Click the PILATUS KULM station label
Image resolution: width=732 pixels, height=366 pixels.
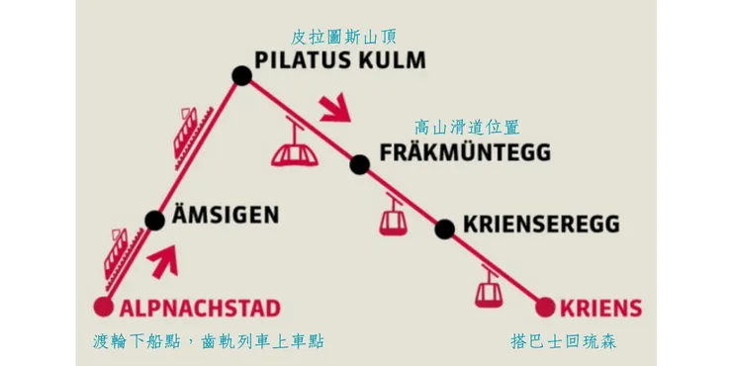coord(340,60)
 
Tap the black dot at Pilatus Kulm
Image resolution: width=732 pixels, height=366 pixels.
coord(241,75)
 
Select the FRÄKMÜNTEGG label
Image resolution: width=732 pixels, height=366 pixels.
coord(465,154)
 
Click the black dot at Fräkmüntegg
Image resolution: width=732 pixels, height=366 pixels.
coord(359,164)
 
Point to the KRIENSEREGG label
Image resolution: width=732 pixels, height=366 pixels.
coord(541,225)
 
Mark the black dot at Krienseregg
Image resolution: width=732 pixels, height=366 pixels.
coord(445,229)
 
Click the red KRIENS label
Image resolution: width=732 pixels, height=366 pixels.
coord(599,307)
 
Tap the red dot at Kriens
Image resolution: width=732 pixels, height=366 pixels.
coord(543,306)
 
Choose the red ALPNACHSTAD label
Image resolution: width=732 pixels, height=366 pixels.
coord(201,307)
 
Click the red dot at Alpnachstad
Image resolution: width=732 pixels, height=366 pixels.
coord(102,307)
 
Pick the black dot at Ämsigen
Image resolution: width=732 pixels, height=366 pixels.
coord(154,220)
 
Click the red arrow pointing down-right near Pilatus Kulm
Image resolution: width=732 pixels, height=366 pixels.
coord(337,107)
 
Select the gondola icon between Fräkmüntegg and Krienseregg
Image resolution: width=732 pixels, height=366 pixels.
coord(393,215)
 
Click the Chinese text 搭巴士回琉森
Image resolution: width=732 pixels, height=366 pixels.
coord(569,341)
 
